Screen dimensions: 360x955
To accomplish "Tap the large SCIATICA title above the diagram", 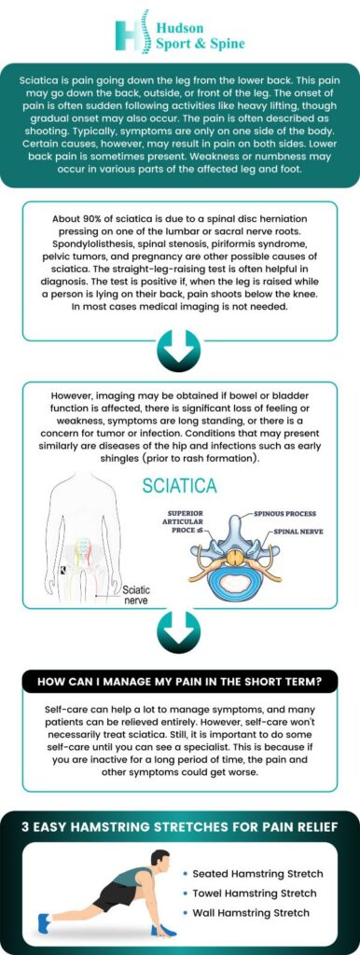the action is pyautogui.click(x=180, y=485).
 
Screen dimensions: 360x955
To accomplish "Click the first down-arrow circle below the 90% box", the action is pyautogui.click(x=179, y=353).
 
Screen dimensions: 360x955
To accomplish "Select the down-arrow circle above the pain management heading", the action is pyautogui.click(x=179, y=633).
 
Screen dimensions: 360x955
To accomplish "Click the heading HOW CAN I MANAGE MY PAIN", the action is pyautogui.click(x=180, y=682).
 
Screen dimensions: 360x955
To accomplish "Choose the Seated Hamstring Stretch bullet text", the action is pyautogui.click(x=257, y=874).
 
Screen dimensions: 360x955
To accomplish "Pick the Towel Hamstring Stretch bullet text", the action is pyautogui.click(x=256, y=893).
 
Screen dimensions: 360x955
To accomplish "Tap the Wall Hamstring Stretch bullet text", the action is pyautogui.click(x=253, y=912).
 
